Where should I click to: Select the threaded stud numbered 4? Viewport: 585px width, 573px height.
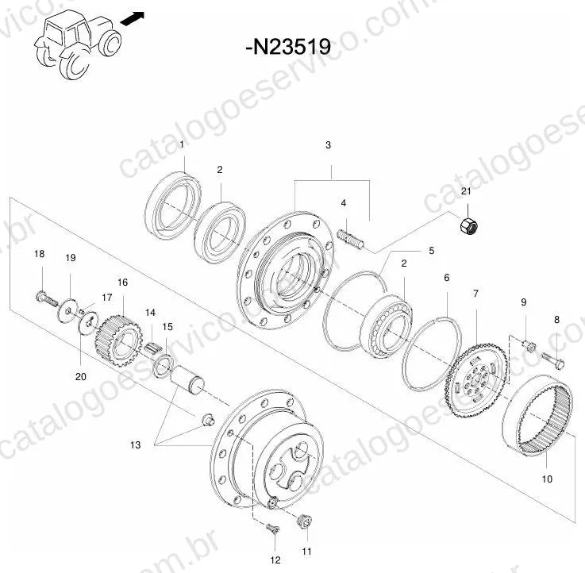tap(350, 240)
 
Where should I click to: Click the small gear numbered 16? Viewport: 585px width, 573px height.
tap(118, 341)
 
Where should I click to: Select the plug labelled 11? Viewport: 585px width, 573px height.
tap(305, 521)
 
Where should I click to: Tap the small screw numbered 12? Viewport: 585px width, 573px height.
tap(273, 529)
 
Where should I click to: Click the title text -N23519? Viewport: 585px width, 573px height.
tap(288, 47)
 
